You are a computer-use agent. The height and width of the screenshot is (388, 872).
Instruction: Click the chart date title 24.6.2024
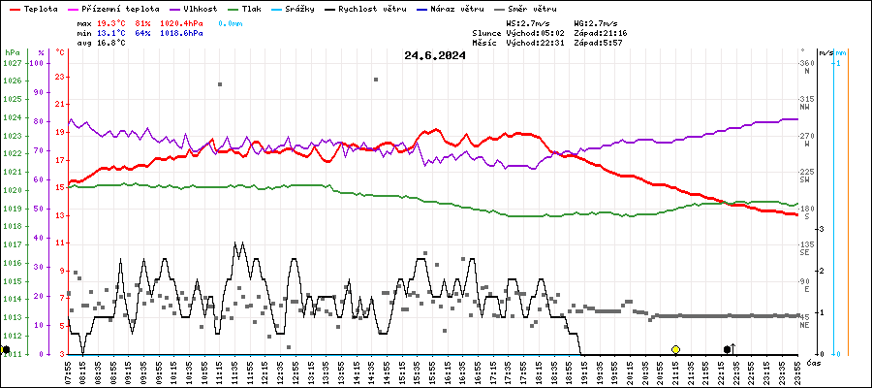435,55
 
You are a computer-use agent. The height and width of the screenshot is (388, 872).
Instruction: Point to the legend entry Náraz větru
461,9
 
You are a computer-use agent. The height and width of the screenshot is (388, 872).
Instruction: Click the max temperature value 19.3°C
111,22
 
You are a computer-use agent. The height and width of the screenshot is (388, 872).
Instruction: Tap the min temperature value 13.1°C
111,33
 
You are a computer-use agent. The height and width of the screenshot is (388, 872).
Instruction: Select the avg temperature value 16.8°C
111,43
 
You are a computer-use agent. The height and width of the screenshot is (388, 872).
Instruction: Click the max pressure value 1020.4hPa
181,22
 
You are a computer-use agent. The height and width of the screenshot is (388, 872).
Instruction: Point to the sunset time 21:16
614,33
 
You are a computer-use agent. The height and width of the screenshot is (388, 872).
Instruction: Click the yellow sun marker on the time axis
675,349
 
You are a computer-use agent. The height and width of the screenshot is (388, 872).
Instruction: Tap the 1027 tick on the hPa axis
12,63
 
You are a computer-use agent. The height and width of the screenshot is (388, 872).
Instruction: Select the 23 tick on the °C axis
60,77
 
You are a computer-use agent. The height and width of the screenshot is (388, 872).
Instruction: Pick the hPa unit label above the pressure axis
12,52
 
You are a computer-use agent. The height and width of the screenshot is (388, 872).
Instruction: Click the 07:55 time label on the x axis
68,371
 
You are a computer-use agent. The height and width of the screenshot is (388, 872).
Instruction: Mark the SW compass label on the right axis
804,180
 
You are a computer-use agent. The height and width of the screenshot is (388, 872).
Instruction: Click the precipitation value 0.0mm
231,22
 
